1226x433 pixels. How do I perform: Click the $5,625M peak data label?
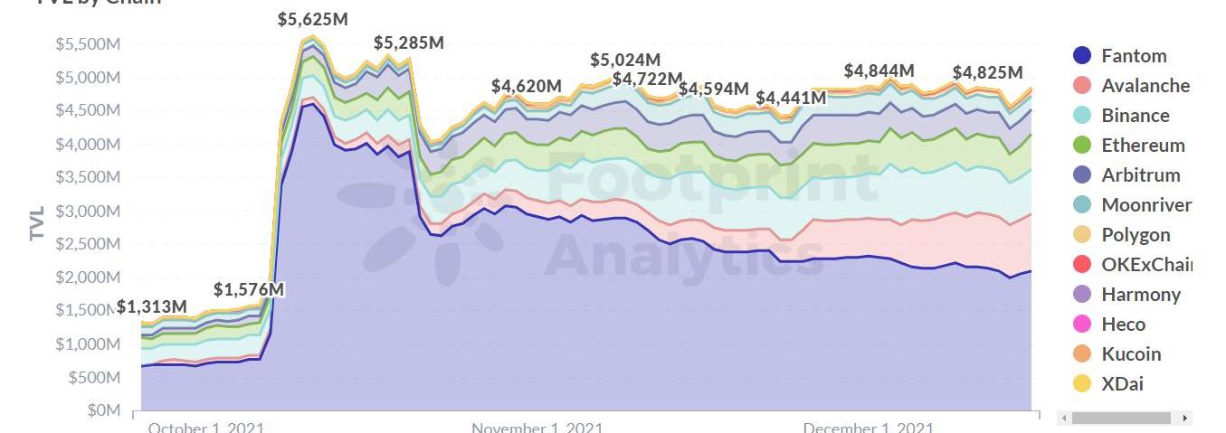tap(313, 19)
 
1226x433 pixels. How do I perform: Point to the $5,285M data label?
tap(409, 42)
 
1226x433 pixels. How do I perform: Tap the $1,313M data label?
tap(152, 307)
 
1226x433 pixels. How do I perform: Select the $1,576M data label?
tap(249, 289)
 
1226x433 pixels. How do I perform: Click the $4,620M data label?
tap(527, 86)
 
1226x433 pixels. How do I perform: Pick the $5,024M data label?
tap(625, 60)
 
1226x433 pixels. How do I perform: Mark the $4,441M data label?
tap(791, 97)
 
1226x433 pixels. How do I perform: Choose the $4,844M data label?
tap(879, 71)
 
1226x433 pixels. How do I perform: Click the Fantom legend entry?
tap(1134, 55)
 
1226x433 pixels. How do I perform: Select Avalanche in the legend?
tap(1145, 85)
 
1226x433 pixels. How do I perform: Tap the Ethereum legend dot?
tap(1081, 145)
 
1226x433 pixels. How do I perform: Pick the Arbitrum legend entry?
tap(1140, 174)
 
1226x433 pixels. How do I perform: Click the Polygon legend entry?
tap(1136, 234)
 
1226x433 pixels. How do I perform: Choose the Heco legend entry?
tap(1123, 324)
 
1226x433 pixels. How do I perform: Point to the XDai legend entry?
tap(1122, 383)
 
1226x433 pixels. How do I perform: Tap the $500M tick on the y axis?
tap(94, 377)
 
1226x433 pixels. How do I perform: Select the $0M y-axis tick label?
tap(102, 410)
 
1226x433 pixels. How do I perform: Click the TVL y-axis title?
tap(37, 222)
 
